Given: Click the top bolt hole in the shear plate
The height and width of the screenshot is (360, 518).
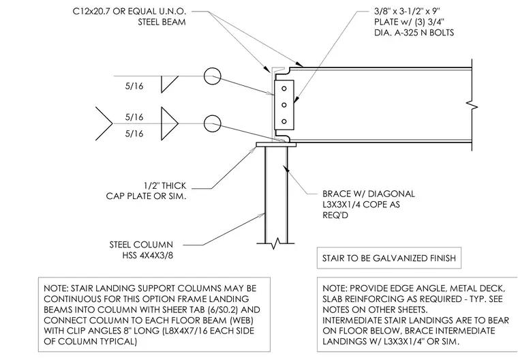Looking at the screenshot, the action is coord(284,89).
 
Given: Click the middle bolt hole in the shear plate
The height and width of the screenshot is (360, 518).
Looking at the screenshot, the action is coord(284,105).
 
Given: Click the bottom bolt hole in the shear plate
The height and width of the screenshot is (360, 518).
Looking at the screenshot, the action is coord(284,121).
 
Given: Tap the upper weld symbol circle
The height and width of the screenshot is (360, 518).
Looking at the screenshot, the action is coord(212,76).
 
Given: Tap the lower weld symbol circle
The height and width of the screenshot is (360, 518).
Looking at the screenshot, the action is coord(212,124).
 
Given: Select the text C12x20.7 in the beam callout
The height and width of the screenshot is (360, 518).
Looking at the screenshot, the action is coord(91,12).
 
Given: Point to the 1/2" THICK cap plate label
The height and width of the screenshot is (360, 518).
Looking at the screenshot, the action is coord(165,185).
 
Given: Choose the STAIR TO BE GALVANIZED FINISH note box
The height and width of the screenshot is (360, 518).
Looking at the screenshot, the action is coord(388,258).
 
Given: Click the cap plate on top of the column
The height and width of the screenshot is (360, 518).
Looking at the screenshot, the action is coord(276,145).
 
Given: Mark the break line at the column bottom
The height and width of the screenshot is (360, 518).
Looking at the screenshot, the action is coord(275,243).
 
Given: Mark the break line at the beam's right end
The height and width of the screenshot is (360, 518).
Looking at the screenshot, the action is coord(472,105).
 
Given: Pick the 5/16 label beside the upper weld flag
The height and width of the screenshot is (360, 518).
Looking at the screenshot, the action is coord(134,86).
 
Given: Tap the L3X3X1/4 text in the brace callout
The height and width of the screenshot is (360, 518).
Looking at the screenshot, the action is coord(341,205).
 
